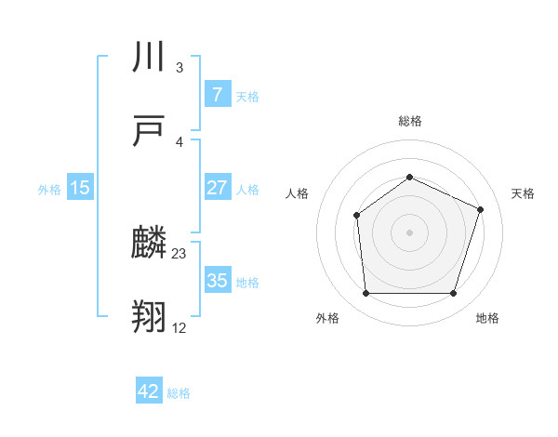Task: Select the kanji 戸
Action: click(150, 131)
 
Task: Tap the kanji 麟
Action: click(150, 244)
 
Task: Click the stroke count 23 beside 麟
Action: click(179, 253)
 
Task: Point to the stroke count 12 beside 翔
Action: click(179, 327)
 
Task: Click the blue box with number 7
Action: click(217, 95)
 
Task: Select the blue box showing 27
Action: click(217, 188)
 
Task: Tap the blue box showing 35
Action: click(217, 281)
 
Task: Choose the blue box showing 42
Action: click(149, 391)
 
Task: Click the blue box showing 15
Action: click(80, 188)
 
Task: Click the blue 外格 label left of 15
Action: click(49, 189)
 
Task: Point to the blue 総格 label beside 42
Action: click(179, 392)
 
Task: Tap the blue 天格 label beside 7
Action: click(247, 96)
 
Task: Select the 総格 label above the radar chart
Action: click(409, 121)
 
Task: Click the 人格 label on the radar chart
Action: click(297, 193)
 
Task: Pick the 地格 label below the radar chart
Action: click(487, 318)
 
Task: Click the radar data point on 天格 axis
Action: click(481, 209)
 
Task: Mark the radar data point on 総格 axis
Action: click(409, 177)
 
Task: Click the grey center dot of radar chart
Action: click(409, 232)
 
